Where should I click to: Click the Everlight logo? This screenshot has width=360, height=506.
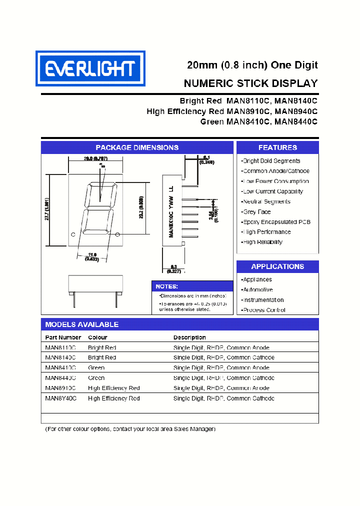point(90,68)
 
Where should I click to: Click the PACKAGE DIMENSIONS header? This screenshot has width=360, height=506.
point(137,147)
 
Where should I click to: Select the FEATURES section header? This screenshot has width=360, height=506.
point(277,147)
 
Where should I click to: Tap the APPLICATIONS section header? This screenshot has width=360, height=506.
point(277,266)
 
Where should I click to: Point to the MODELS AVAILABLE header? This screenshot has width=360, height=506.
point(82,324)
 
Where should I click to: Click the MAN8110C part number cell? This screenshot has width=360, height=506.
point(61,347)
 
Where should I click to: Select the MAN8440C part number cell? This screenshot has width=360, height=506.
point(61,378)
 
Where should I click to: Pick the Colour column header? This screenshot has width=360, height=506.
point(97,337)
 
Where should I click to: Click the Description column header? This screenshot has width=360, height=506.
point(189,337)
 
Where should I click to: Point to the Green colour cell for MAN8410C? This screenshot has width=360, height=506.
point(96,368)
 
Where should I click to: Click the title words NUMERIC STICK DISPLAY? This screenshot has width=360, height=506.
point(250,83)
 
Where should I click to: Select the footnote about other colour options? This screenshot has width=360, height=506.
point(130,429)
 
